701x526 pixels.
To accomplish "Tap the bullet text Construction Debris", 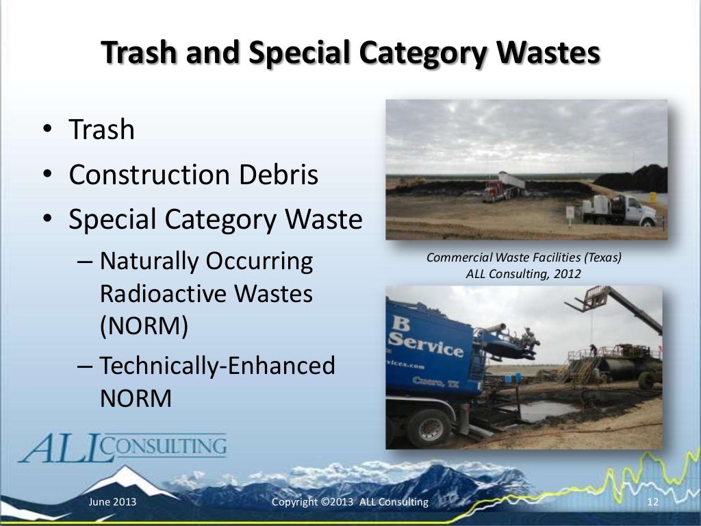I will click(194, 175).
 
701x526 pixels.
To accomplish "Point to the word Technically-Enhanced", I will click(217, 366).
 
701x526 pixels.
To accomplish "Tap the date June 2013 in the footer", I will click(113, 503).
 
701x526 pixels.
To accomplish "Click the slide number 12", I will click(652, 503).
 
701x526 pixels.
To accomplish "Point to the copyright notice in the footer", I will click(350, 503).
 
